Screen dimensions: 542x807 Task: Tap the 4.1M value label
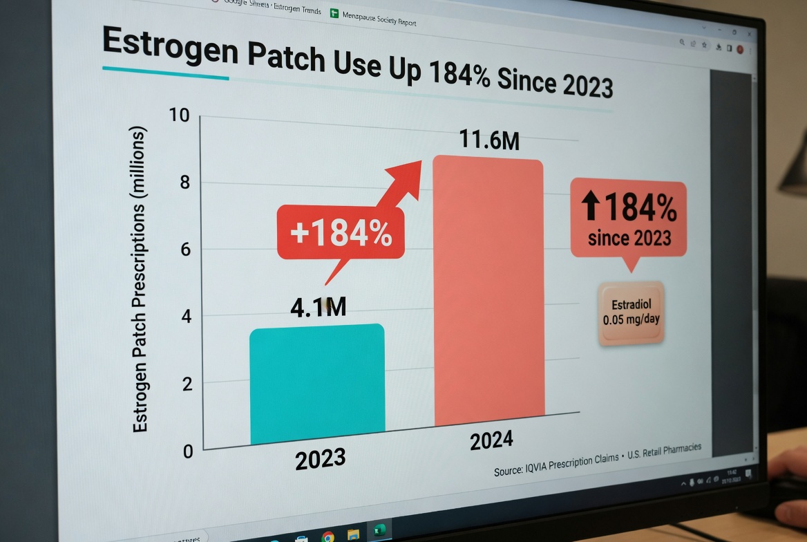tap(318, 308)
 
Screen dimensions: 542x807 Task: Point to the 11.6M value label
tap(488, 140)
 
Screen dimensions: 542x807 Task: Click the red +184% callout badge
tap(341, 233)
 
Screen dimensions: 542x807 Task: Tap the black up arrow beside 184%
tap(590, 207)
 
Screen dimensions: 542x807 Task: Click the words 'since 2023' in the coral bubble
tap(629, 239)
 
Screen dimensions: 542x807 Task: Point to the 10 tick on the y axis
tap(179, 115)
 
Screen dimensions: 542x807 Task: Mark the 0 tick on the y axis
tap(188, 452)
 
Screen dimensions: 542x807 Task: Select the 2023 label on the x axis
tap(321, 459)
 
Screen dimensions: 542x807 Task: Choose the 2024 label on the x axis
tap(491, 440)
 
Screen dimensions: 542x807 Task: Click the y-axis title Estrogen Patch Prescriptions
tap(141, 280)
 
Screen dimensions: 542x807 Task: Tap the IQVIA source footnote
tap(597, 459)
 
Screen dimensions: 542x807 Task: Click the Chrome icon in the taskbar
tap(328, 536)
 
